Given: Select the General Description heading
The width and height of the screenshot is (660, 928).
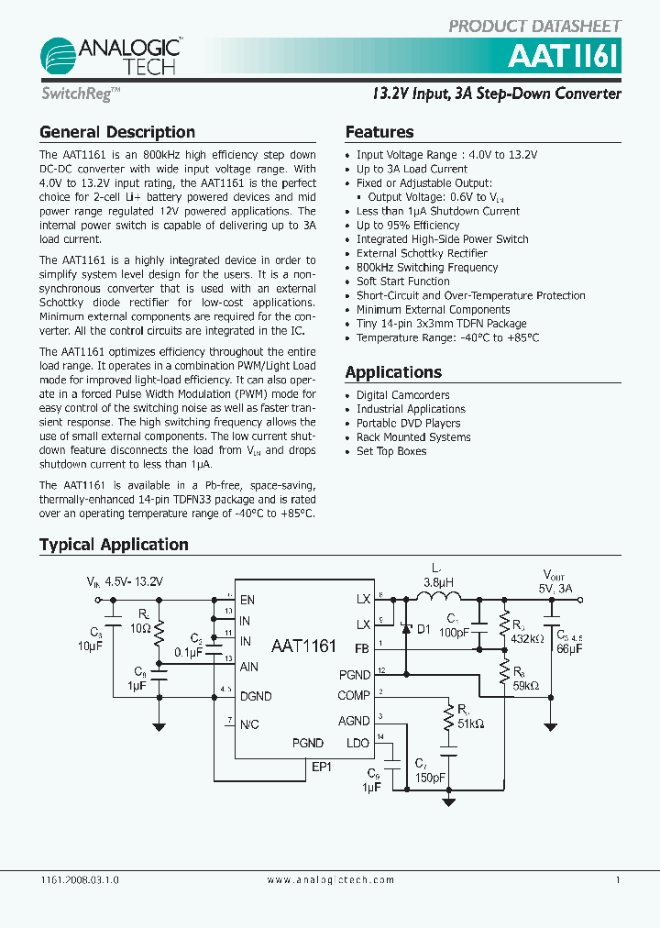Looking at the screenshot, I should [116, 132].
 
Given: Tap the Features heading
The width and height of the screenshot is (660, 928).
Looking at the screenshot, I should [379, 132].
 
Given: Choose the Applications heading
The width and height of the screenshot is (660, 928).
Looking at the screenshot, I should [392, 372].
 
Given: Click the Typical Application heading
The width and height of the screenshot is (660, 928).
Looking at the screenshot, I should [114, 545].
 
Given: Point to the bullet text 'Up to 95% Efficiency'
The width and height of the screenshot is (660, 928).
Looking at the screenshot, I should [408, 225].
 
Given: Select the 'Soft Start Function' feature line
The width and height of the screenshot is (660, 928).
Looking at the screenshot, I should [402, 282].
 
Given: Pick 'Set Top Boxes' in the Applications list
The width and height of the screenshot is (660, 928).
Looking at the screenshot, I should [391, 451].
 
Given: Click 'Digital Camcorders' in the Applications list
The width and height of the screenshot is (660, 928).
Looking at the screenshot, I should [402, 395].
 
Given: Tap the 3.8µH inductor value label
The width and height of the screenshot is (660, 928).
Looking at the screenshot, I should [438, 581].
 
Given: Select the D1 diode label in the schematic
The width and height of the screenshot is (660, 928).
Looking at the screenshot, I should [423, 629].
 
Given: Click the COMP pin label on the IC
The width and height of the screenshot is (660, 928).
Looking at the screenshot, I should [353, 697].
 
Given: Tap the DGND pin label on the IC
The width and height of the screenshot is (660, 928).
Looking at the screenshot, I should [256, 697].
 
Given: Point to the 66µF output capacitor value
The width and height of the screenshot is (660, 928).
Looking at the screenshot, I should [568, 648].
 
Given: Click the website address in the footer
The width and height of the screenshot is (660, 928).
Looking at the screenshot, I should [330, 879].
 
